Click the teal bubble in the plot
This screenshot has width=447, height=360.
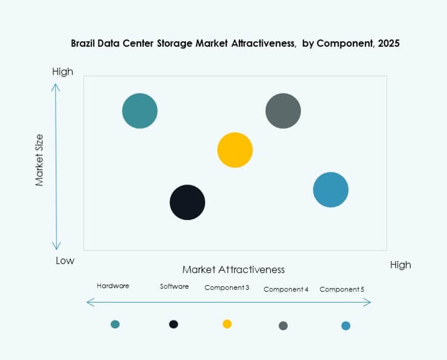pos(140,111)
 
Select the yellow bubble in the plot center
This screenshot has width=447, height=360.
pos(235,150)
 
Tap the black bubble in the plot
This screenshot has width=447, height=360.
pos(187,202)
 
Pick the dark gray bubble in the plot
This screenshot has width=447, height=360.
pos(283,111)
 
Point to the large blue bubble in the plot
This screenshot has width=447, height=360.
pos(330,190)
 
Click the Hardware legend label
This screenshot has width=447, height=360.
pos(113,286)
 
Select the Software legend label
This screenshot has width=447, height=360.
pos(174,287)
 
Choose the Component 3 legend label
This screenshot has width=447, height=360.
pos(227,287)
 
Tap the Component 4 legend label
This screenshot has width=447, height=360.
pos(286,289)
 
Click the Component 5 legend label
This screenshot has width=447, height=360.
pos(341,289)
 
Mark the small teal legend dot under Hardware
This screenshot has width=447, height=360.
pos(115,324)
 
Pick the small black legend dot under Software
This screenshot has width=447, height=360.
pos(173,324)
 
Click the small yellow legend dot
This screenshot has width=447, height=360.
pos(227,324)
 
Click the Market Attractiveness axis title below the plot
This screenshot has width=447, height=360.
pos(233,270)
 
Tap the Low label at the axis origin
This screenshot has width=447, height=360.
pos(65,261)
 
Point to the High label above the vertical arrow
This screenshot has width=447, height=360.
pos(62,72)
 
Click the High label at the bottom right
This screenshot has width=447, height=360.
pos(400,265)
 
